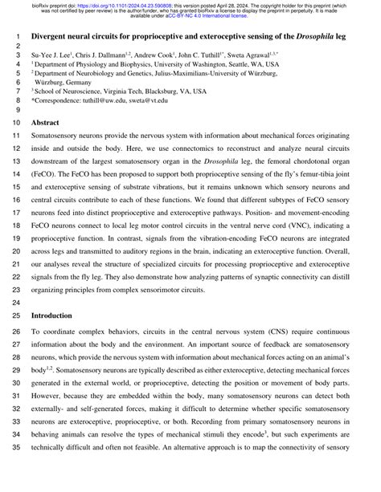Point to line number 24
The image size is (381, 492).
pyautogui.click(x=16, y=303)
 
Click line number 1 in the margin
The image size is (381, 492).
pyautogui.click(x=18, y=37)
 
